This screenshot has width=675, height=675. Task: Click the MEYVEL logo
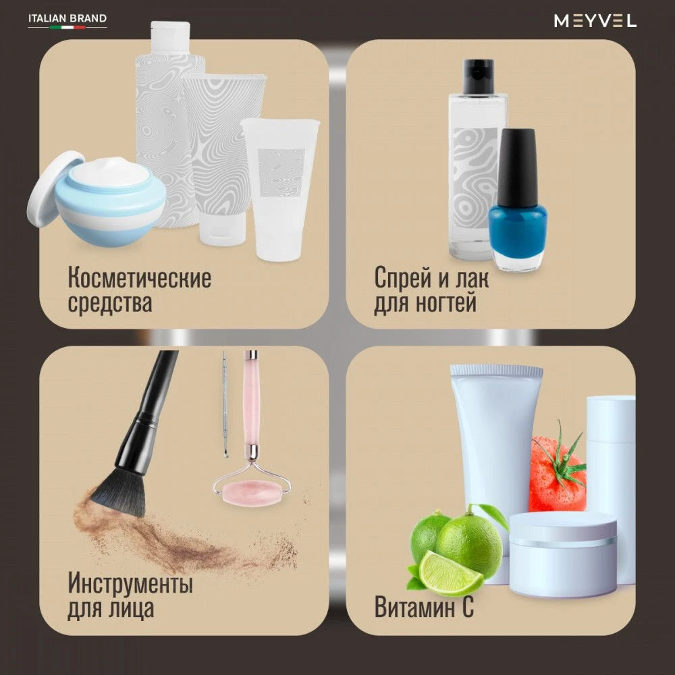coord(595,21)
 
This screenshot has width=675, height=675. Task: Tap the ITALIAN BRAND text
coord(67,18)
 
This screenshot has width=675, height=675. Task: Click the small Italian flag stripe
coord(67,27)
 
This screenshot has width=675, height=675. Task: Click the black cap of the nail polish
coord(517,166)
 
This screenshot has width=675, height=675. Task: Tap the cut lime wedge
coord(450,572)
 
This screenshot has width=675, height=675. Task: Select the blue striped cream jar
coord(110,202)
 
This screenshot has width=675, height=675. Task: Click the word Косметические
coord(140,277)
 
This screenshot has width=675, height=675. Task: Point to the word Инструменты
coord(130,583)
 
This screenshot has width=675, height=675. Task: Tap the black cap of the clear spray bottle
coord(478,77)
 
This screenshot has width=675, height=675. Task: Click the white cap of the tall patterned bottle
coord(171,37)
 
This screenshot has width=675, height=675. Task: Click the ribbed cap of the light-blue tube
coord(496,371)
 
